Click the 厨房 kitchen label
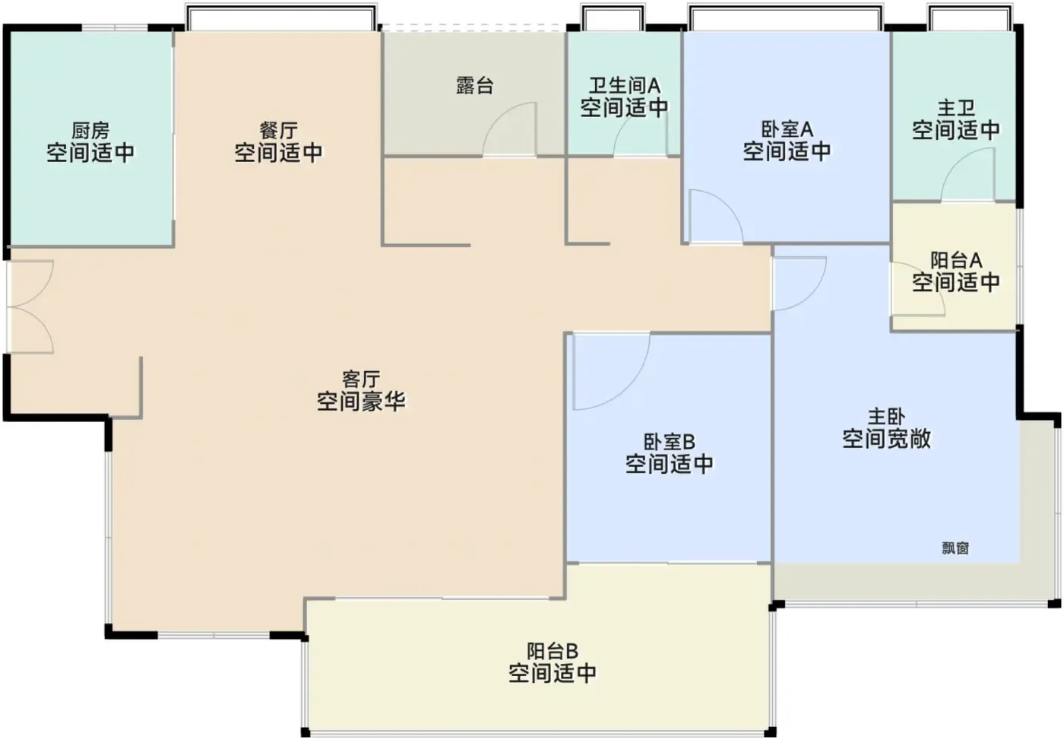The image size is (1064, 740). point(90,130)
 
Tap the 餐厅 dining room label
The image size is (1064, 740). point(278,130)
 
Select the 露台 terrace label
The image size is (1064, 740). point(474,85)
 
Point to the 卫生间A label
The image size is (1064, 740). point(624,85)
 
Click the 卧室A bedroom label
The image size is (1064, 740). point(787,129)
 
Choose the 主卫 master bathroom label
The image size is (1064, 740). point(956,108)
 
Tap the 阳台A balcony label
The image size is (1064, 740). point(956,260)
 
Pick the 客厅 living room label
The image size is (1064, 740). point(361,380)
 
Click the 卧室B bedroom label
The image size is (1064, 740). point(669,442)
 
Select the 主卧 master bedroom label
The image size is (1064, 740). point(886,416)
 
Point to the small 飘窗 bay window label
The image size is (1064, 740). point(955,548)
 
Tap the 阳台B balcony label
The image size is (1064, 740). point(552,651)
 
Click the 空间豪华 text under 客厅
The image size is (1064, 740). point(361,401)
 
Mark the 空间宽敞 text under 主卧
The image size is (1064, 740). point(886,438)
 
